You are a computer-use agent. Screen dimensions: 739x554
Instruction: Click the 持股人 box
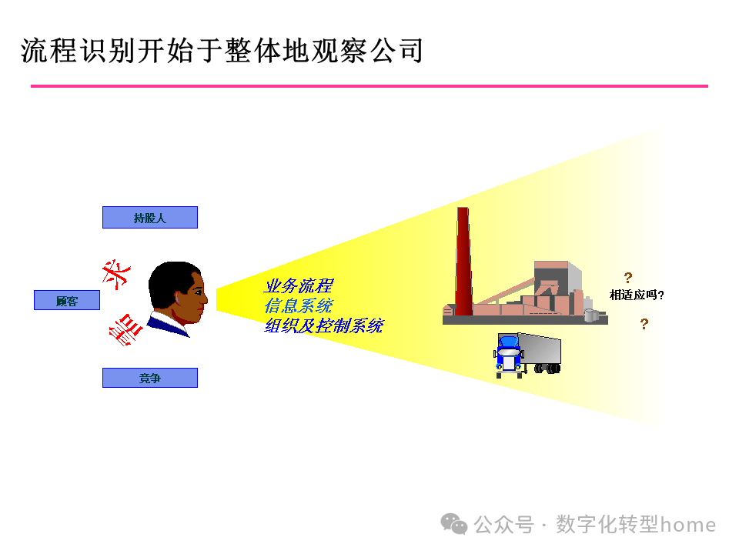[150, 218]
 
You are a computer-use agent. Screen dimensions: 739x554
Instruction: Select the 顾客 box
[67, 301]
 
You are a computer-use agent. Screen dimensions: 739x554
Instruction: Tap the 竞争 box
[150, 378]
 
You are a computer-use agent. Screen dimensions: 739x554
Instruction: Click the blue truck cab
[509, 355]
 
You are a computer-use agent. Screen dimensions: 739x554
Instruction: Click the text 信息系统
[299, 306]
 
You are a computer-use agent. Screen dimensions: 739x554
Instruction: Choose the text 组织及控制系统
[323, 325]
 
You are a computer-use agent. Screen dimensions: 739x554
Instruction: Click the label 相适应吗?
[637, 295]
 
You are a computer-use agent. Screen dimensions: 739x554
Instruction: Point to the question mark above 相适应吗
[628, 278]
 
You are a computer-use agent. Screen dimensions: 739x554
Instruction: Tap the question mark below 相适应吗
[644, 324]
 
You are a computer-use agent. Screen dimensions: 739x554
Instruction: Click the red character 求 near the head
[118, 275]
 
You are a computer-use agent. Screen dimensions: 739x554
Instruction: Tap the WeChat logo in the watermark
[454, 524]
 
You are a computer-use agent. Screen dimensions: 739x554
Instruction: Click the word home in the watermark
[689, 525]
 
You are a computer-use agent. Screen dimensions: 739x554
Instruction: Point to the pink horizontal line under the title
[369, 86]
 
